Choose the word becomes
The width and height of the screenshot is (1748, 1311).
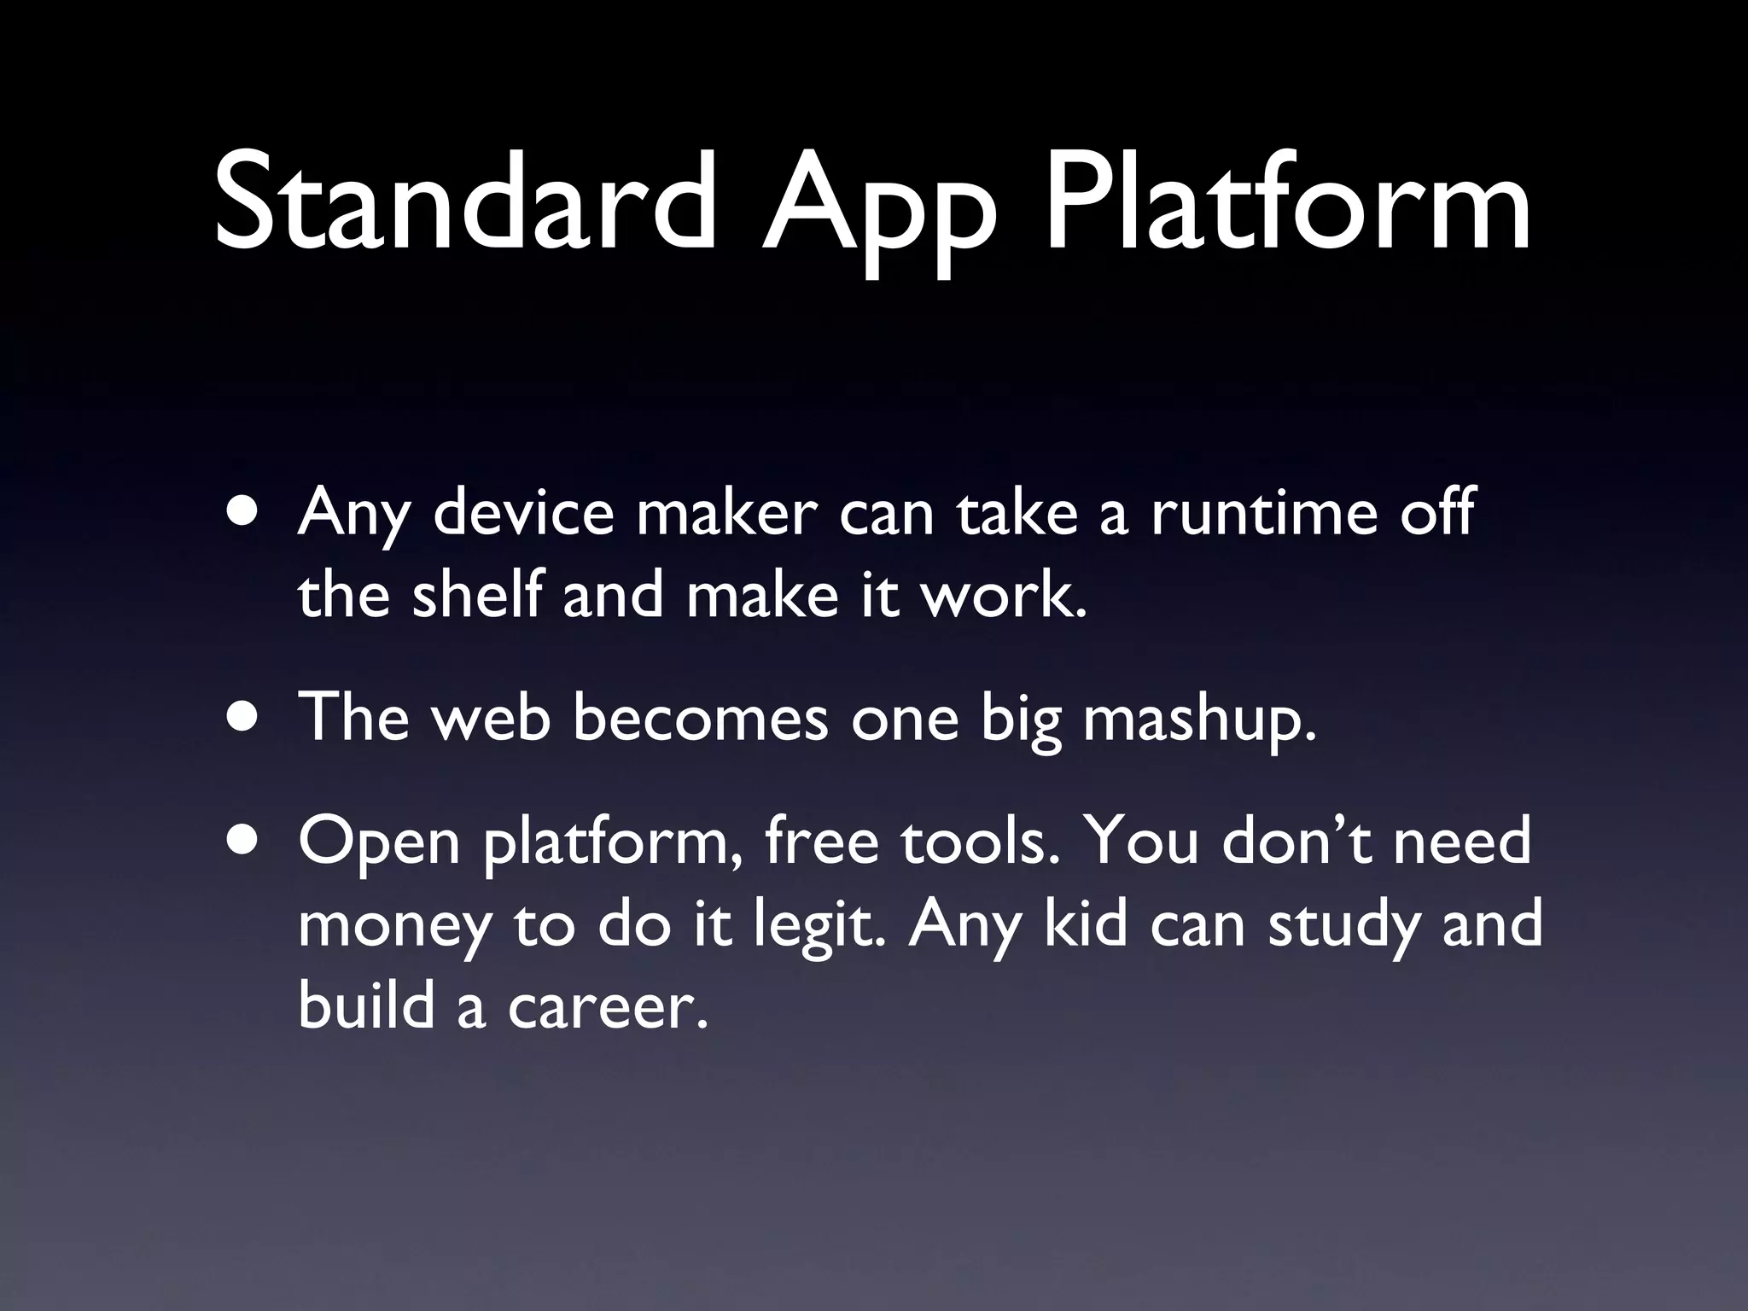point(700,718)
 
